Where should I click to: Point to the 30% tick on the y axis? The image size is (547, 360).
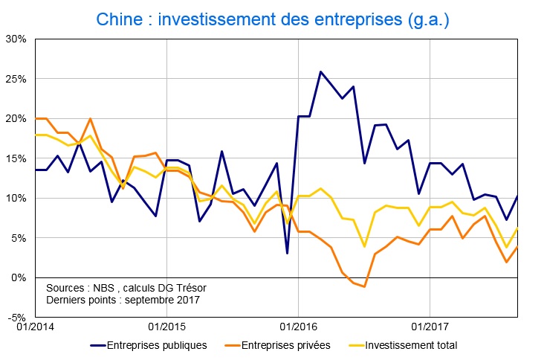[x=16, y=39]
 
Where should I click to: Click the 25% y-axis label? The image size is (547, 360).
[x=16, y=79]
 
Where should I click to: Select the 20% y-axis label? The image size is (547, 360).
[x=16, y=118]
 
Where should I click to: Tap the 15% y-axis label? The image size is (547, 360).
[x=16, y=158]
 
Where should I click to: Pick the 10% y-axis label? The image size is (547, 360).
[x=16, y=199]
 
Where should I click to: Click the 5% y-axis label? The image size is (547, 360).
[x=19, y=238]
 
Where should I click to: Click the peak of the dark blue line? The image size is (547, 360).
[x=320, y=72]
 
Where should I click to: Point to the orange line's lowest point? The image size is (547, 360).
[x=364, y=286]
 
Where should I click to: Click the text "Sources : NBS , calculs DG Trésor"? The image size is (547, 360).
[x=126, y=287]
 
